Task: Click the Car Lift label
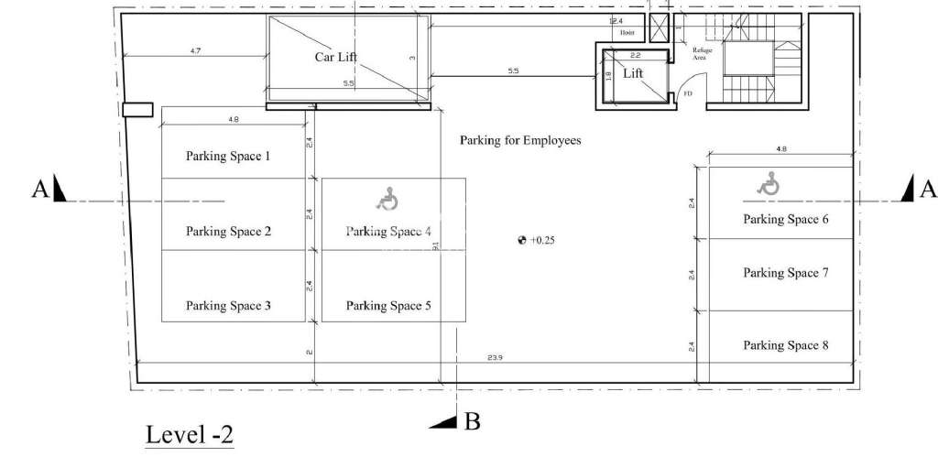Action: click(x=335, y=57)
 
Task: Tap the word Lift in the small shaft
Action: click(x=633, y=73)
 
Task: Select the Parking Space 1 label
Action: click(x=228, y=157)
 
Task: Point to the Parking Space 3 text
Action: click(x=228, y=306)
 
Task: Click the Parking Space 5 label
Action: click(x=388, y=306)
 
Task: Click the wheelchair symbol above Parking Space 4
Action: click(x=388, y=198)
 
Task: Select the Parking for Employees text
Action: click(x=520, y=141)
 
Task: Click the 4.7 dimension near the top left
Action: click(x=195, y=50)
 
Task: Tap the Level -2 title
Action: click(x=190, y=435)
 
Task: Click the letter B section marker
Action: click(x=473, y=422)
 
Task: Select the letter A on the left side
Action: click(x=40, y=189)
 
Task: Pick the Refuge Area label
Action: click(x=702, y=53)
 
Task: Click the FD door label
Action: click(x=687, y=92)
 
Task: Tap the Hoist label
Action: click(x=627, y=32)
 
